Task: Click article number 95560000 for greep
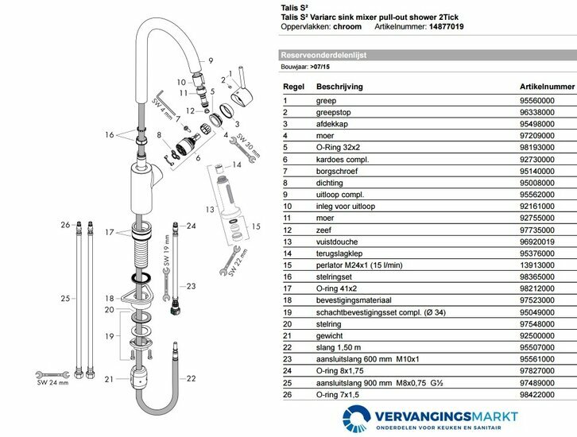[x=537, y=101]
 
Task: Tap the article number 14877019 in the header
[x=464, y=26]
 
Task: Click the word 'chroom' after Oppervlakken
[x=346, y=26]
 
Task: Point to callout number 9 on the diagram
[x=211, y=60]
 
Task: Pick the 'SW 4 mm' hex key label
[x=157, y=110]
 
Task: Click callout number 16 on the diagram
[x=109, y=134]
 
